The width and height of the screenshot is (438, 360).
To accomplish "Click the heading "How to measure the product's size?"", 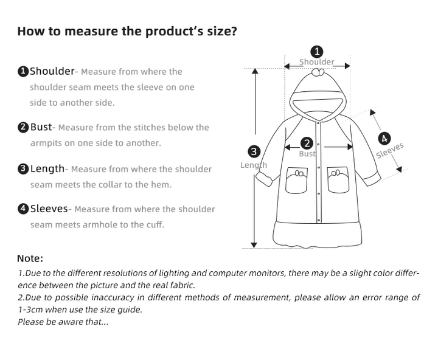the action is coord(127,31).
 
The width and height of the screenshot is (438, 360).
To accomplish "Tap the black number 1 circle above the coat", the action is coord(317,52).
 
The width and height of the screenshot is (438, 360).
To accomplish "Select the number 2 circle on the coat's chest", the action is coord(307,144).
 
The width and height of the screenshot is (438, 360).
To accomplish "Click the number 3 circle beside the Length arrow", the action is coord(254,151).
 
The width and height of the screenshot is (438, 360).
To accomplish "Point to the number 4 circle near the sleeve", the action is coord(384,139).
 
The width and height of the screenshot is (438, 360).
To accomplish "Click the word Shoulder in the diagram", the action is coord(317,61).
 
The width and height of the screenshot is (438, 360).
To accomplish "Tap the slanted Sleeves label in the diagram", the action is coord(390,151).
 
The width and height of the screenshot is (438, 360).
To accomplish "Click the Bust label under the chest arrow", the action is coord(307,154).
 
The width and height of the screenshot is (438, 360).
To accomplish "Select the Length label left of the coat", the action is coord(254,165).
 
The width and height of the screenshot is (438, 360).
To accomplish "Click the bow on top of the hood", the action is coord(318,72).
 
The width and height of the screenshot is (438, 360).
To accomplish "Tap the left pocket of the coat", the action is coord(297,180).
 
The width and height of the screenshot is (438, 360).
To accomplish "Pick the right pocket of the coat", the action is coord(338,179).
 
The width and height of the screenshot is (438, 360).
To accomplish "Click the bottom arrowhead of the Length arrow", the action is coord(254,245).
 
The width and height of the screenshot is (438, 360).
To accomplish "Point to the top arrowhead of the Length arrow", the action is coord(255,71).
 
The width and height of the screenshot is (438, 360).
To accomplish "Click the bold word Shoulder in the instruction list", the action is coord(52,71).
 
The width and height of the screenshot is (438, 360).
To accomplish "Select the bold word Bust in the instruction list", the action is coord(41,127).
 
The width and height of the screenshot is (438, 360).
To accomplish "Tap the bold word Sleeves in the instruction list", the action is coord(49,209).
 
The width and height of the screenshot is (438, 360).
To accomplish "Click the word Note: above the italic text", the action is coord(30,258).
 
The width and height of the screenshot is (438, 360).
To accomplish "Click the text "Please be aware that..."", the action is coord(63,322).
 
